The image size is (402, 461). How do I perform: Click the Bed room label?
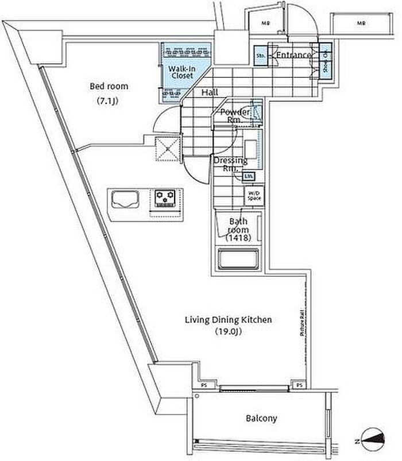[109, 87]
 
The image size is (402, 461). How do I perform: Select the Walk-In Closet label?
[181, 72]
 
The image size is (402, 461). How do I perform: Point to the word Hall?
[209, 92]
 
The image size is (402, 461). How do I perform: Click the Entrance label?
[293, 55]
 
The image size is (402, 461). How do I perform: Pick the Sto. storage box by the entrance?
[260, 56]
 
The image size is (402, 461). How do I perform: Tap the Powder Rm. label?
[234, 115]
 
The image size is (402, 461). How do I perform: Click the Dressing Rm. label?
[230, 165]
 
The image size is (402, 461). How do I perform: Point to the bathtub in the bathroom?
[240, 260]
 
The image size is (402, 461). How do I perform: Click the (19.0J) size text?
[227, 332]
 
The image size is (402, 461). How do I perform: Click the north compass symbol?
[370, 439]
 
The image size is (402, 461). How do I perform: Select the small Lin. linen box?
[249, 176]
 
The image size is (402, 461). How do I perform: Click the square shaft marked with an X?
[167, 149]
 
